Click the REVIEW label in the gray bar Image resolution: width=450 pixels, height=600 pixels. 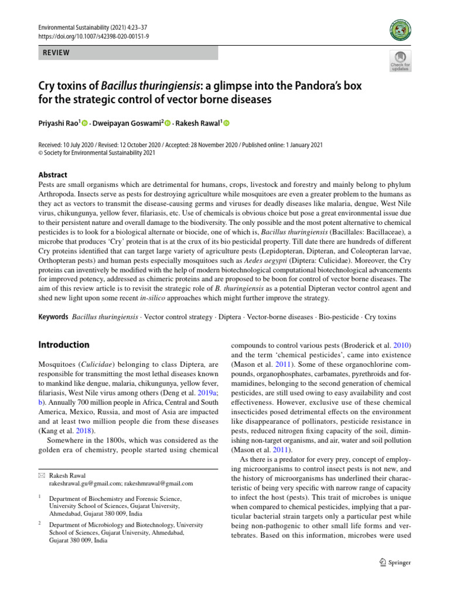(x=56, y=53)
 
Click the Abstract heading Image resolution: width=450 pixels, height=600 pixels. (x=52, y=175)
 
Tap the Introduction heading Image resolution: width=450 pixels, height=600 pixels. (x=63, y=345)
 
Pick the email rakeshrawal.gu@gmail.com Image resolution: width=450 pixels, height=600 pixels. (x=86, y=483)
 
